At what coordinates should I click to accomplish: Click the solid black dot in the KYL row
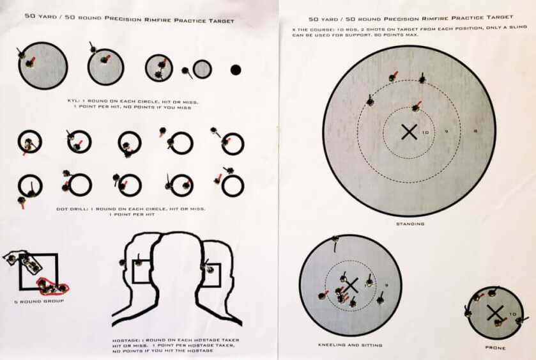coord(235,69)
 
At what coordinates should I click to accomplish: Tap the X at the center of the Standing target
coord(409,132)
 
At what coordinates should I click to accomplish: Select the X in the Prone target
coord(494,312)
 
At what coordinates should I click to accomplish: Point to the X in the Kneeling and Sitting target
coord(350,285)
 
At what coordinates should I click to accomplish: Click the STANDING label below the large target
coord(409,224)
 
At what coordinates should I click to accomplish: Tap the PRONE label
coord(495,348)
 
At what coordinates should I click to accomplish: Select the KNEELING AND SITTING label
coord(350,345)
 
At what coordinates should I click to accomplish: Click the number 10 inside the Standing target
coord(425,133)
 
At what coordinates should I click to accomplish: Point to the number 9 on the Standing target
coord(446,132)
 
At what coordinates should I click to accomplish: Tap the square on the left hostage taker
coord(141,270)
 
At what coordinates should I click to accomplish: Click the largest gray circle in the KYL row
coord(43,66)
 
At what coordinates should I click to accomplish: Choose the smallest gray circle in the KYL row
coord(202,69)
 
